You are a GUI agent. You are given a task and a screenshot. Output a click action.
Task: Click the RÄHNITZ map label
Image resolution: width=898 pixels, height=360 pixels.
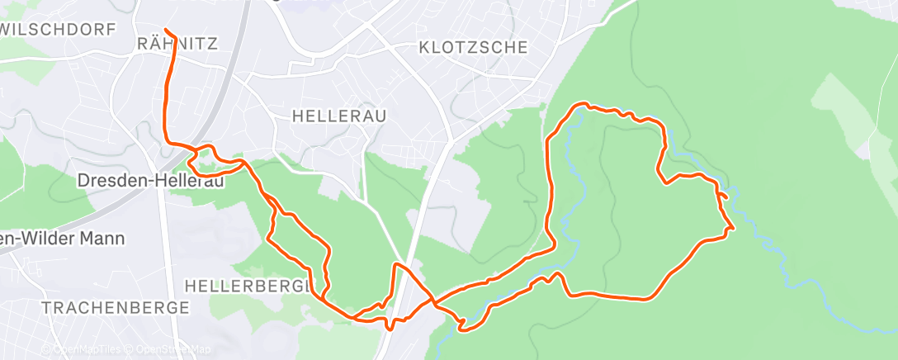point(177,44)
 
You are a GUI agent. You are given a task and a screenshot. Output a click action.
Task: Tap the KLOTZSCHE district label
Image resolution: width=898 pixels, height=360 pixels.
point(473,47)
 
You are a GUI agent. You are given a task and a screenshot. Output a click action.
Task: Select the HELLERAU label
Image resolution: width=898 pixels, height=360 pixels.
point(339,116)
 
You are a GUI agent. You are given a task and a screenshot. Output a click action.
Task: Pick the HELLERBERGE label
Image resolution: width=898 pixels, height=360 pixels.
point(249,286)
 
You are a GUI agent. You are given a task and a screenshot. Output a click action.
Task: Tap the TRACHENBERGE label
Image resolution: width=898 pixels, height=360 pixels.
point(115,308)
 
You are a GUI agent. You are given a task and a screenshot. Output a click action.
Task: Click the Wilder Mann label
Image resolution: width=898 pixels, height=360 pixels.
point(62,239)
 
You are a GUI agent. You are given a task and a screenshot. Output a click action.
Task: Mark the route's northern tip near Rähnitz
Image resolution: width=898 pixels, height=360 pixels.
point(167,31)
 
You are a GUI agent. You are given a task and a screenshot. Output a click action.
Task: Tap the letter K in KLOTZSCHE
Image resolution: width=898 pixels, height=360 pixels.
point(424,47)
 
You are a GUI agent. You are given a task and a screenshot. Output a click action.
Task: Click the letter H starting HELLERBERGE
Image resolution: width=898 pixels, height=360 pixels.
point(191,286)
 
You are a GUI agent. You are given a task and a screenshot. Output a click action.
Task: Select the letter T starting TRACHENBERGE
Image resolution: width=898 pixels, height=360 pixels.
point(46,308)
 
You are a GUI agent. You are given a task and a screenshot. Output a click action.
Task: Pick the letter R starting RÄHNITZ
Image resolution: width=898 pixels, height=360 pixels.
point(141,44)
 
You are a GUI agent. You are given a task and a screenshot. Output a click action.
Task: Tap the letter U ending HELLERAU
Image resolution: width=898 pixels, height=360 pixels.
point(380,116)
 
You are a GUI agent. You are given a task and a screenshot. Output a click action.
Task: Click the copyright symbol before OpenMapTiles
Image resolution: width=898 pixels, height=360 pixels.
point(46,350)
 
